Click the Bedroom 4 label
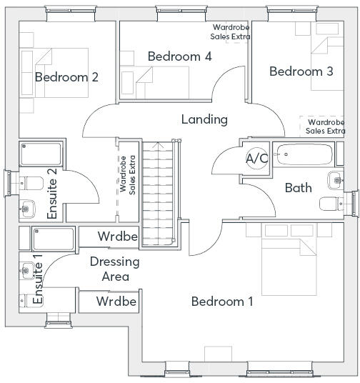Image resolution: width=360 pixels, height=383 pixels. pyautogui.click(x=179, y=56)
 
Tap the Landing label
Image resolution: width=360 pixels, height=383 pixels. pyautogui.click(x=204, y=119)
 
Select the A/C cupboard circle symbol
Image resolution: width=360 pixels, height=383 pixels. pyautogui.click(x=257, y=159)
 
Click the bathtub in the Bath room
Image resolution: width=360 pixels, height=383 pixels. pyautogui.click(x=304, y=154)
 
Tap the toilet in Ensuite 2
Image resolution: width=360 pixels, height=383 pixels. pyautogui.click(x=31, y=183)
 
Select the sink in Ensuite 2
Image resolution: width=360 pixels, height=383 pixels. pyautogui.click(x=27, y=209)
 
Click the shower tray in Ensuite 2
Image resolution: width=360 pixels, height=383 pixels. pyautogui.click(x=41, y=154)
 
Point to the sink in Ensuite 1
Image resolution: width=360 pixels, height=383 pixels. pyautogui.click(x=27, y=271)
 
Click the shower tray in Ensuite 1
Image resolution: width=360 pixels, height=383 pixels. pyautogui.click(x=54, y=239)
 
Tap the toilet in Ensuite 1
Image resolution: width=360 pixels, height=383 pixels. pyautogui.click(x=31, y=301)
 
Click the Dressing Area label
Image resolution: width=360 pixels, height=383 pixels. pyautogui.click(x=115, y=269)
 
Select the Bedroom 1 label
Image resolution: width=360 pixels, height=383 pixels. pyautogui.click(x=222, y=302)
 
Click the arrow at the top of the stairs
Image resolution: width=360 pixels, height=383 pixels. pyautogui.click(x=158, y=145)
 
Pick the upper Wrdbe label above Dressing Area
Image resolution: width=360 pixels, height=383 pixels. pyautogui.click(x=118, y=237)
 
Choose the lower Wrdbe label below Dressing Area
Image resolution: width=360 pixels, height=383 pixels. pyautogui.click(x=116, y=301)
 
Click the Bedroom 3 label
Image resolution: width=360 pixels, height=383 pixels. pyautogui.click(x=301, y=71)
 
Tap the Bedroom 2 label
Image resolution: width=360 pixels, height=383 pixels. pyautogui.click(x=66, y=77)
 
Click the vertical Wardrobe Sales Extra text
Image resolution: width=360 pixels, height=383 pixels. pyautogui.click(x=127, y=175)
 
